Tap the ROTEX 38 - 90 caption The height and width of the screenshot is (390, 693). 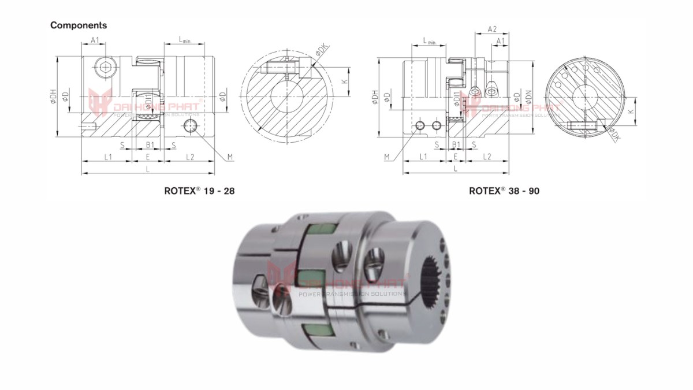click(504, 190)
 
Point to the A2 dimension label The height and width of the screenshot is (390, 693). click(492, 29)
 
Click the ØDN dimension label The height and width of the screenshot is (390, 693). click(527, 99)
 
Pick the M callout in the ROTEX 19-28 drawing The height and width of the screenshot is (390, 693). click(229, 157)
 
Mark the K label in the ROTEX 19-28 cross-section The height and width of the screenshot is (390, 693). click(345, 81)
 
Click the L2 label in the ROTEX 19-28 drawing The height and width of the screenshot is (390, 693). click(190, 157)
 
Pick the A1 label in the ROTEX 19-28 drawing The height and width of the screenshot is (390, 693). click(95, 40)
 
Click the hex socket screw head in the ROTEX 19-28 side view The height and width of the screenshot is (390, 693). click(106, 68)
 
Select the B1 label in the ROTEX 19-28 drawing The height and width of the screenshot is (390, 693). click(148, 144)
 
